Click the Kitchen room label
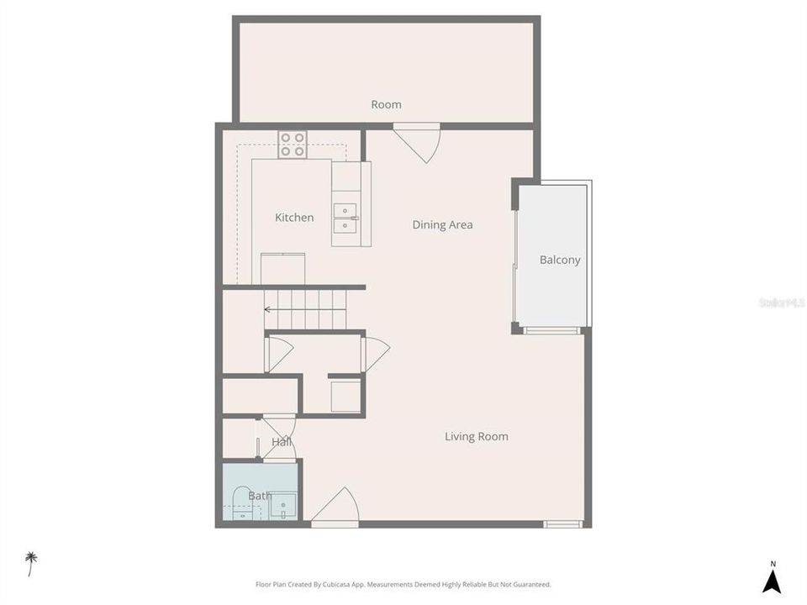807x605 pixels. [x=294, y=218]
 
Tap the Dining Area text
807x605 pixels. [x=442, y=224]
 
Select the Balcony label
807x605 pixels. [x=560, y=260]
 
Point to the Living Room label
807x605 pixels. [x=476, y=436]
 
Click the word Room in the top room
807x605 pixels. [x=386, y=105]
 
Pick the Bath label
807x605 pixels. [x=259, y=496]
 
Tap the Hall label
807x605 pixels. [x=281, y=442]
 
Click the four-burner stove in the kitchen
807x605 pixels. [x=293, y=145]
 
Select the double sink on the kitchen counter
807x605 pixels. [x=345, y=218]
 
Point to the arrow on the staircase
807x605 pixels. [x=268, y=309]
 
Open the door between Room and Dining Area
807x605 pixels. [x=417, y=141]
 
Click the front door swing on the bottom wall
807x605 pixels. [x=337, y=507]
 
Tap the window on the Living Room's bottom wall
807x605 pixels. [x=562, y=524]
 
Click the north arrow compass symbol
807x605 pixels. [x=772, y=581]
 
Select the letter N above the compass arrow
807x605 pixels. [x=773, y=564]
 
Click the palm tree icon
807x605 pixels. [x=31, y=563]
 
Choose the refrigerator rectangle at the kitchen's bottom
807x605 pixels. [x=282, y=269]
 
